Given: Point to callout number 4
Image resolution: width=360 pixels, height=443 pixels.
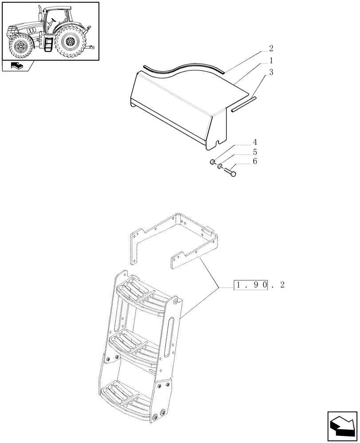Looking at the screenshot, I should coord(254,142).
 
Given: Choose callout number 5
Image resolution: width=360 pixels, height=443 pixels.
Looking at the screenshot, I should coord(254,152).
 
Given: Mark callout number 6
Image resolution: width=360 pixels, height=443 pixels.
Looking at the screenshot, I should coord(254,161).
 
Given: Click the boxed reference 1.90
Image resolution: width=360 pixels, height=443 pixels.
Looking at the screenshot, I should coord(251,285).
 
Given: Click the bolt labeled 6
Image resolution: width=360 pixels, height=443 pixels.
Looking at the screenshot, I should coord(230,170).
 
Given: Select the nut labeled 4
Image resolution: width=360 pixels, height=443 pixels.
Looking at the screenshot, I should coord(213,162).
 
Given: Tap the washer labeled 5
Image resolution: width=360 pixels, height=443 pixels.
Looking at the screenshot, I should coord(220,166).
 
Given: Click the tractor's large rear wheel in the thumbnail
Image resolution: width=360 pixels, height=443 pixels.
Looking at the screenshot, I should coord(69,43).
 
